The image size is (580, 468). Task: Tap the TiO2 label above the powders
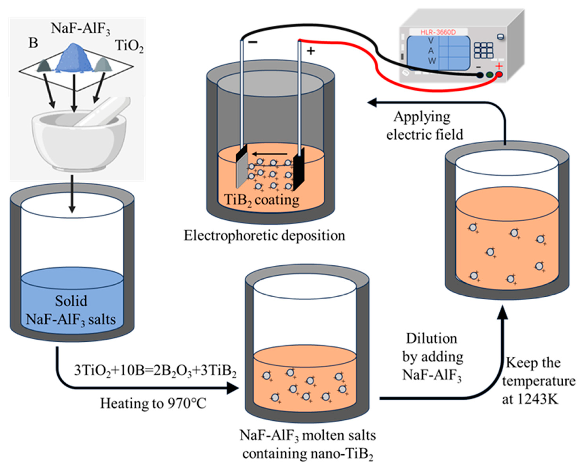pos(129,46)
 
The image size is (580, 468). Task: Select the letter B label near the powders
pos(33,43)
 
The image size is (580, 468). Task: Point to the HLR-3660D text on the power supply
pos(438,32)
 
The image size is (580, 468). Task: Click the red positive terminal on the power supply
pos(499,75)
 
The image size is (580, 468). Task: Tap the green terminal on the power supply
pos(490,75)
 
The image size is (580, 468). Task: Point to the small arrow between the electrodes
pos(270,154)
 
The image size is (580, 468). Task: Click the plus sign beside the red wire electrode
pos(311,51)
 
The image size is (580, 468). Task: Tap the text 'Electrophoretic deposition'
pos(264,236)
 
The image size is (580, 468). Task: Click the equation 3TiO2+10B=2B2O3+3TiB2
pos(155,371)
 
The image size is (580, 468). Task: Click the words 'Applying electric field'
pos(424,126)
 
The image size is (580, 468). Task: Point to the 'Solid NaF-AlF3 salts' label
pos(71,310)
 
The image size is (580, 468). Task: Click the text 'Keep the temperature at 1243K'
pos(538,381)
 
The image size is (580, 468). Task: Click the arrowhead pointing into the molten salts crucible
pos(233,388)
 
